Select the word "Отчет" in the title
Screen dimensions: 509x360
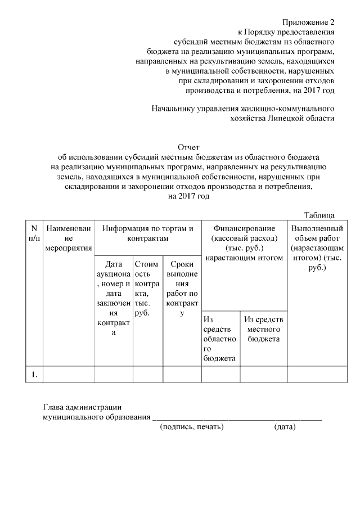(x=188, y=148)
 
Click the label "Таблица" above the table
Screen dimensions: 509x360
(x=319, y=215)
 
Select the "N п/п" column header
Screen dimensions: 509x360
(x=34, y=233)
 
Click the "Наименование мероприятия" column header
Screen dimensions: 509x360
(x=69, y=238)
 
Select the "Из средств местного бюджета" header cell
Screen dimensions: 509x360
(x=264, y=330)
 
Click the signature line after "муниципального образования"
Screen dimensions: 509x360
(x=237, y=418)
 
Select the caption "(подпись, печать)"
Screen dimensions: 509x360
(x=192, y=427)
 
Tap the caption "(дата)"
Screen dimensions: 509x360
(x=285, y=427)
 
